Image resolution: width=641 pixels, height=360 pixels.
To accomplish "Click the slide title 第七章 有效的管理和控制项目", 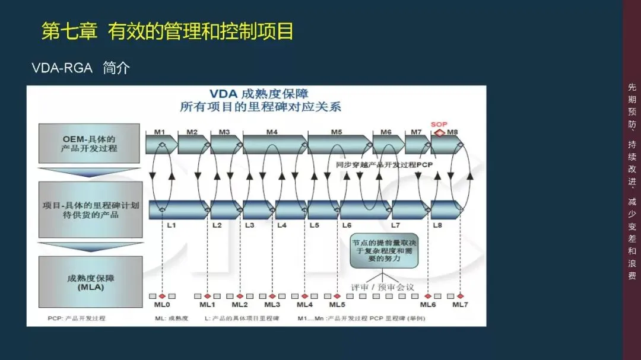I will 167,31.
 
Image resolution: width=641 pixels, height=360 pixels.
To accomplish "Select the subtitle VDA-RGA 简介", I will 81,68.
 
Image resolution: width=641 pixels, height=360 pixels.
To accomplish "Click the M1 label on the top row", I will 160,132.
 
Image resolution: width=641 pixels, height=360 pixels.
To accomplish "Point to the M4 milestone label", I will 272,132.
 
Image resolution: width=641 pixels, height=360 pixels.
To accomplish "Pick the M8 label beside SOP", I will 452,132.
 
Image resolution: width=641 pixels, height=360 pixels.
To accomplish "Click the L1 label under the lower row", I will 171,225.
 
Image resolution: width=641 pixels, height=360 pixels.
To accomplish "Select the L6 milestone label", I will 347,225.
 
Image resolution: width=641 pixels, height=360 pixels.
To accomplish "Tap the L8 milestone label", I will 437,225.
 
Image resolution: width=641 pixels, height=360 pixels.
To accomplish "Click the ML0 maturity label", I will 162,305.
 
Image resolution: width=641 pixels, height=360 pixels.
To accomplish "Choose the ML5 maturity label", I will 337,305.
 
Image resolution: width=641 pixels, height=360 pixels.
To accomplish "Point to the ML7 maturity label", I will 461,305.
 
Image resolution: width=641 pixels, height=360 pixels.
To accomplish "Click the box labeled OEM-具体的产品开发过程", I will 89,144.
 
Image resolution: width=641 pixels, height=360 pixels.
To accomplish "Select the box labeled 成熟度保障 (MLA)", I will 90,282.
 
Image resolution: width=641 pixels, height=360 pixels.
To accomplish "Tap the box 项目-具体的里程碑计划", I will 90,210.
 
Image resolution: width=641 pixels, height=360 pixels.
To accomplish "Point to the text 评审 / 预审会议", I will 382,287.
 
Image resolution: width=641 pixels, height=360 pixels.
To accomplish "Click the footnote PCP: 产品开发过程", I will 77,318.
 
